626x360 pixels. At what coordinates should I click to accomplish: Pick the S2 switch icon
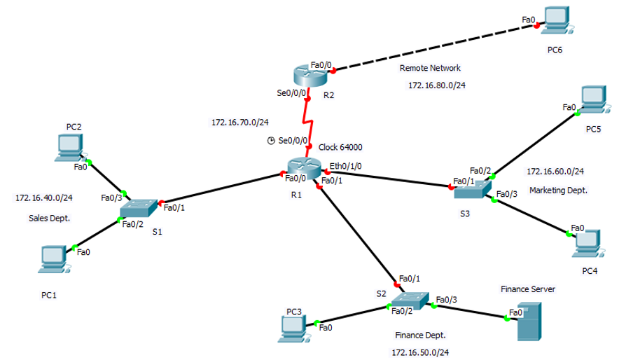[x=410, y=299]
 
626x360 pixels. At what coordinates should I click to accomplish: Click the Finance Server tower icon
[x=529, y=321]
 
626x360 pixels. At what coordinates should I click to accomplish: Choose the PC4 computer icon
[x=588, y=242]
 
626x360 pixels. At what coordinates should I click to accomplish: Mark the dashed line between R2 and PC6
[x=434, y=48]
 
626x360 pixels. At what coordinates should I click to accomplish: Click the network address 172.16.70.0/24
[x=239, y=123]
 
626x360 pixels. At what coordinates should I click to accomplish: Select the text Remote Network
[x=430, y=69]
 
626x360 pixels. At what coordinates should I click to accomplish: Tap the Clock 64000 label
[x=340, y=147]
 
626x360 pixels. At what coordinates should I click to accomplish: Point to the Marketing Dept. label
[x=558, y=191]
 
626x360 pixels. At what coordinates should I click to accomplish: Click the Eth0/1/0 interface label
[x=345, y=166]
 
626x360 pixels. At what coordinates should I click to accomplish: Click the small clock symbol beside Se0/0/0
[x=271, y=141]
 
